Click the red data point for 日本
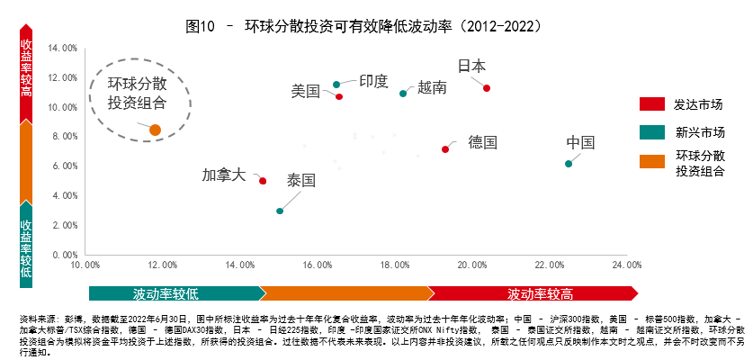click(487, 88)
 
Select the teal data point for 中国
click(568, 164)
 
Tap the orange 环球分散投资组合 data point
click(155, 130)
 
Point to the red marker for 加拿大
click(263, 181)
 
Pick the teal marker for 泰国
click(280, 211)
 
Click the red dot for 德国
click(445, 149)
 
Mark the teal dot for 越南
click(403, 94)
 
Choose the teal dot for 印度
click(336, 85)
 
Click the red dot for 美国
click(339, 96)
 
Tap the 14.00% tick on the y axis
click(63, 48)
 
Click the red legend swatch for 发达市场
click(651, 104)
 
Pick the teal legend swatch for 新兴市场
click(651, 133)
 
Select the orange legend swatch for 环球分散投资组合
click(651, 162)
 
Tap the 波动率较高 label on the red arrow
click(540, 294)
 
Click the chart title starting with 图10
click(376, 25)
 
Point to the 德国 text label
click(482, 142)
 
